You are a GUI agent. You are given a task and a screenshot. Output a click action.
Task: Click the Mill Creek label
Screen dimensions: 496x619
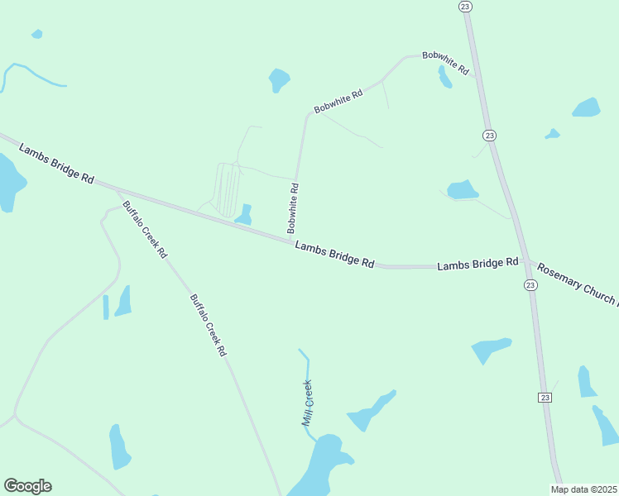click(x=308, y=403)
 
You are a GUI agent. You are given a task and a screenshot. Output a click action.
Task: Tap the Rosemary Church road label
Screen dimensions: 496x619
click(x=577, y=283)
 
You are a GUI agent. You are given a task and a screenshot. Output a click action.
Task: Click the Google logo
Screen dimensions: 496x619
click(x=27, y=486)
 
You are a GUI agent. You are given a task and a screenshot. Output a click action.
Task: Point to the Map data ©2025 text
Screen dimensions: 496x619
click(x=583, y=489)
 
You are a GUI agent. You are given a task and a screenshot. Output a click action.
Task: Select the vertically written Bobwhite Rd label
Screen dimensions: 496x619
click(x=293, y=208)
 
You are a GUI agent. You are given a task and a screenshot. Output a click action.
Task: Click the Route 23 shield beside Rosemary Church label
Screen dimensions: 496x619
click(x=530, y=284)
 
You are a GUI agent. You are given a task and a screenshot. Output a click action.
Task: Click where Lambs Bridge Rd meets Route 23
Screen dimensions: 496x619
click(x=525, y=263)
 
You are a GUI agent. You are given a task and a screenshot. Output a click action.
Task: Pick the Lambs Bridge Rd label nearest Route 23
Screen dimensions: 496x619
click(x=477, y=265)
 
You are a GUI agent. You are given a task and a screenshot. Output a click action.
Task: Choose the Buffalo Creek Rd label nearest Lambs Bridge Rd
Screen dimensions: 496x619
click(x=145, y=229)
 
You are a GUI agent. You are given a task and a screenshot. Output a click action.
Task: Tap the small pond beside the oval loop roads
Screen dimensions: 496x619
click(x=244, y=215)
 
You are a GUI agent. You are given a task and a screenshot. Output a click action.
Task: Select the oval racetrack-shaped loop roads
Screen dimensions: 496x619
click(x=228, y=188)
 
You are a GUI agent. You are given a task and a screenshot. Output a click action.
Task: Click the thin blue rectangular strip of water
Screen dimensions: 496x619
click(x=106, y=307)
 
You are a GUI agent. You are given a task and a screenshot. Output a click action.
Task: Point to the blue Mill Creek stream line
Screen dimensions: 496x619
click(x=307, y=368)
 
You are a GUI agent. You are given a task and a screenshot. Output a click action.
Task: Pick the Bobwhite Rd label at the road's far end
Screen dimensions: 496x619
click(x=445, y=64)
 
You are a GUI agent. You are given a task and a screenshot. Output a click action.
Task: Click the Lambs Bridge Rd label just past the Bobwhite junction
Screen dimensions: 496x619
click(x=334, y=255)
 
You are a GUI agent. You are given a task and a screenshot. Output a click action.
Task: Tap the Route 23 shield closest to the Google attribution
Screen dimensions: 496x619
click(x=545, y=398)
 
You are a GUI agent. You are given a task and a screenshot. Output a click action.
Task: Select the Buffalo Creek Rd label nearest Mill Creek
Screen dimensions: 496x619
click(x=208, y=325)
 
